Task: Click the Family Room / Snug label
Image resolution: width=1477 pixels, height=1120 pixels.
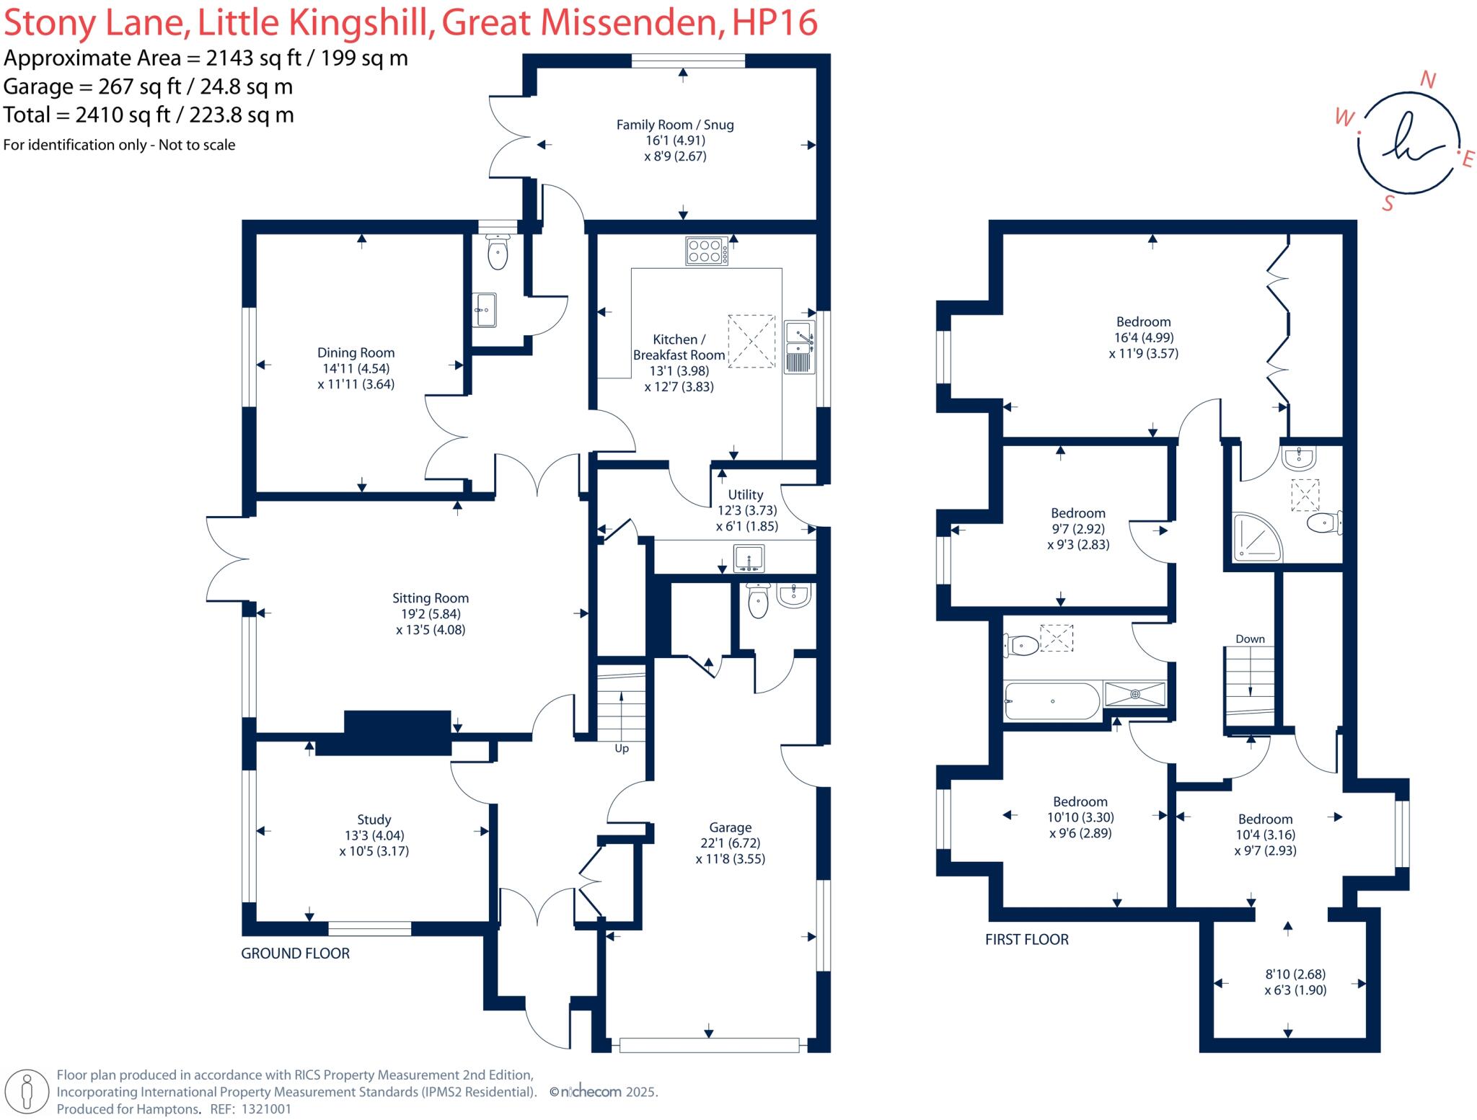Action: (x=675, y=125)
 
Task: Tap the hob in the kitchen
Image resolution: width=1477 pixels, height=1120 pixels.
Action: (x=707, y=252)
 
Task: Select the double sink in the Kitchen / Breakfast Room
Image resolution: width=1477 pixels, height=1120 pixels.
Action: (x=799, y=347)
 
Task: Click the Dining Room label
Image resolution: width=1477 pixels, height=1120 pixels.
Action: (x=356, y=352)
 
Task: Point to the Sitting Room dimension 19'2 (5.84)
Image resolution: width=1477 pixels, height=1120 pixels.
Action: (x=431, y=614)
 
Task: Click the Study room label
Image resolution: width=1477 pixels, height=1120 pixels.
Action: (x=374, y=819)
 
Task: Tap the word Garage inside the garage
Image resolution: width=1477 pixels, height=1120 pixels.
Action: (x=730, y=827)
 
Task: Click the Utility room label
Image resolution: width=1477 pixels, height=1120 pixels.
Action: (x=745, y=494)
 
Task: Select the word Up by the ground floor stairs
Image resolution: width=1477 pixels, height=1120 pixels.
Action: (x=622, y=749)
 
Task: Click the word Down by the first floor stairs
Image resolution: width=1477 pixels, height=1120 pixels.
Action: (x=1250, y=639)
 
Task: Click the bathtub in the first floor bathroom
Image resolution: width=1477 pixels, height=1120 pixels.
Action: (x=1052, y=701)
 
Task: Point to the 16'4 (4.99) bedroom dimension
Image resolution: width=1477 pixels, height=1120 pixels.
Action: (x=1144, y=337)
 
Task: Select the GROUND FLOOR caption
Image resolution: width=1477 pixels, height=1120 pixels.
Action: (x=295, y=953)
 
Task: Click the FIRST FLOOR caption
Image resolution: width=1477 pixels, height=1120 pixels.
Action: (x=1027, y=939)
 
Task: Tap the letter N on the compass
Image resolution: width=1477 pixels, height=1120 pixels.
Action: (x=1427, y=80)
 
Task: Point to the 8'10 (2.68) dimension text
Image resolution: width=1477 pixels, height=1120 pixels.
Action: (x=1295, y=974)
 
